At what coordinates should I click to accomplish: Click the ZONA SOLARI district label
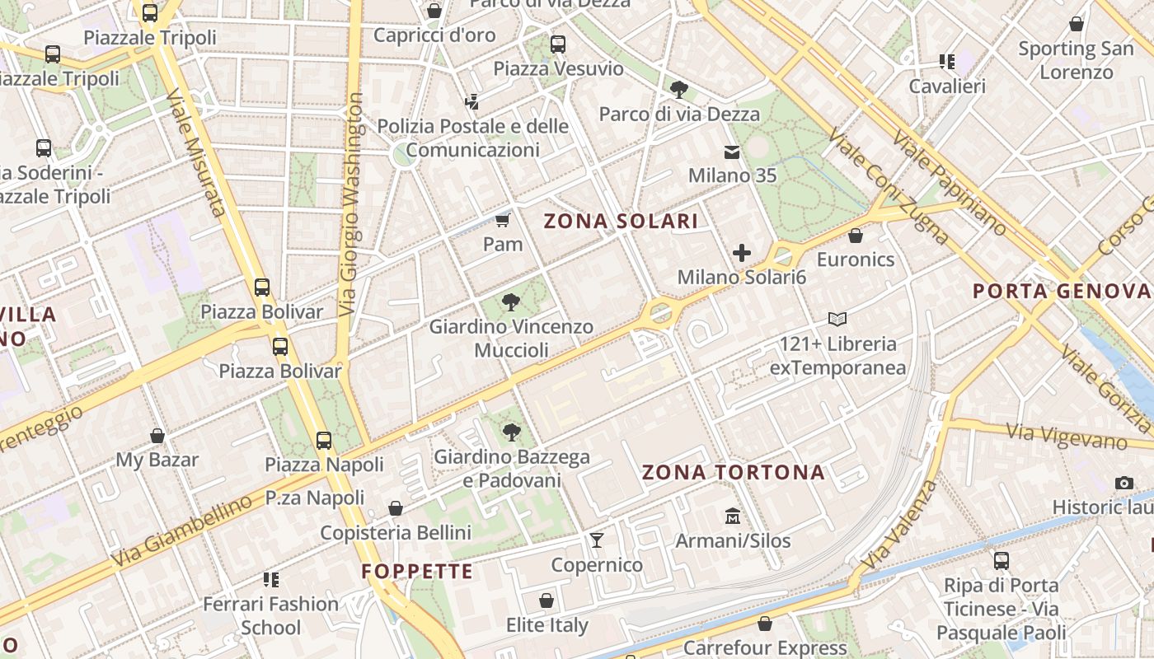point(621,221)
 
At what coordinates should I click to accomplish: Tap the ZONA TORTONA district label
point(733,472)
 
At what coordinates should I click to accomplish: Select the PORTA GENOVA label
point(1062,291)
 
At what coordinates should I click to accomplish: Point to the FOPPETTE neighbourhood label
point(417,571)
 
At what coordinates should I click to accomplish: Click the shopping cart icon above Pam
point(502,220)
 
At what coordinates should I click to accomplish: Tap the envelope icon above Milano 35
point(731,152)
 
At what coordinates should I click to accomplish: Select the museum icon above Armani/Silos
point(732,516)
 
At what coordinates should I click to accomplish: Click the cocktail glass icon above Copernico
point(597,540)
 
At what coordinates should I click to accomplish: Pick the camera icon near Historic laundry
point(1124,483)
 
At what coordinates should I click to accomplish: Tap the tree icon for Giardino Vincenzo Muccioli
point(510,301)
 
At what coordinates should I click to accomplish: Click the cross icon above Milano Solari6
point(741,253)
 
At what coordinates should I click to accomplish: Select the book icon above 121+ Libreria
point(837,319)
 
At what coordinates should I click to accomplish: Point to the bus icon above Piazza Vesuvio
point(558,44)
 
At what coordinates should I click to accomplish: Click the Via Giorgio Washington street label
point(352,204)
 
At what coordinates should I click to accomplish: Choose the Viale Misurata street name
point(195,152)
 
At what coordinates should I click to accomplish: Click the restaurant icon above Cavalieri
point(946,62)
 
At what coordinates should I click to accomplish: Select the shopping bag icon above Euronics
point(856,236)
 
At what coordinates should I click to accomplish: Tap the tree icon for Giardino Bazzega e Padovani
point(511,432)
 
